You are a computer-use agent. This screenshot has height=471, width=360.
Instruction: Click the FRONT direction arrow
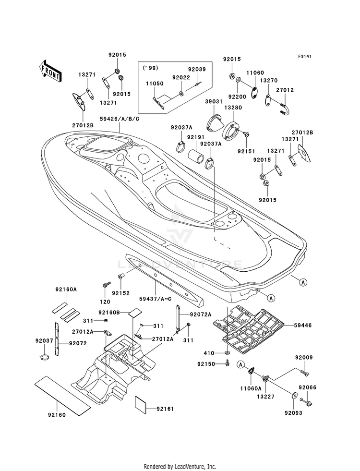pyautogui.click(x=50, y=71)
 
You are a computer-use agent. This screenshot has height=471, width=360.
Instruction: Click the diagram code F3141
pyautogui.click(x=304, y=56)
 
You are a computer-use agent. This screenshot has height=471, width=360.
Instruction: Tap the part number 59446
pyautogui.click(x=303, y=325)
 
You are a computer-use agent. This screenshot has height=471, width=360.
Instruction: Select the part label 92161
pyautogui.click(x=165, y=409)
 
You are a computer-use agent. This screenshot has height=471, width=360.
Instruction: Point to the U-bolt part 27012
pyautogui.click(x=285, y=109)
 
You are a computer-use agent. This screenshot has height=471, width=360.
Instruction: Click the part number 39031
pyautogui.click(x=215, y=102)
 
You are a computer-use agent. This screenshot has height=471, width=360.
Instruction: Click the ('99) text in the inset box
pyautogui.click(x=147, y=68)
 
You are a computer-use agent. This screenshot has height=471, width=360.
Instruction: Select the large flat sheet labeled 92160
pyautogui.click(x=62, y=395)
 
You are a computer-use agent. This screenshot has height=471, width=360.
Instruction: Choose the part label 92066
pyautogui.click(x=308, y=387)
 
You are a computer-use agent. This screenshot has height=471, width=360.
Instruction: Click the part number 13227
pyautogui.click(x=265, y=397)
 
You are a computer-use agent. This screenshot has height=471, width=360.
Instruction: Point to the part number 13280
pyautogui.click(x=233, y=108)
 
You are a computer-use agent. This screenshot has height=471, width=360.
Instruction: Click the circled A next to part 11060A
pyautogui.click(x=240, y=365)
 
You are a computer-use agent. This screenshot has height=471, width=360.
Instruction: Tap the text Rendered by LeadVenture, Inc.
pyautogui.click(x=180, y=466)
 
